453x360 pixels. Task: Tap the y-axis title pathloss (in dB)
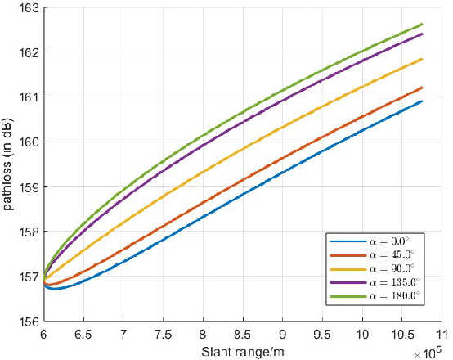(x=9, y=164)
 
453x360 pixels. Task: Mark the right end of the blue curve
(x=422, y=101)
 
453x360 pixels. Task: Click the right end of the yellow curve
(x=422, y=59)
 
